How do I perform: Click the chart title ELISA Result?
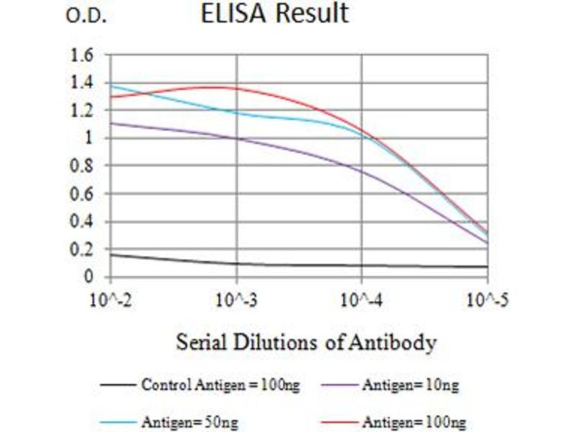click(x=274, y=14)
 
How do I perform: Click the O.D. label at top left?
click(x=86, y=17)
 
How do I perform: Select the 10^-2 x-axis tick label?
click(x=109, y=298)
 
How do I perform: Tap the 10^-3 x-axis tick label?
click(x=236, y=298)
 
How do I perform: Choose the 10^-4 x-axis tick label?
click(x=361, y=298)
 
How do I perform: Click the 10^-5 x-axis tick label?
click(x=487, y=298)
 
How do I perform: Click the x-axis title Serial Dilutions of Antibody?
click(x=306, y=343)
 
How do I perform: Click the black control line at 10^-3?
click(x=236, y=264)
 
